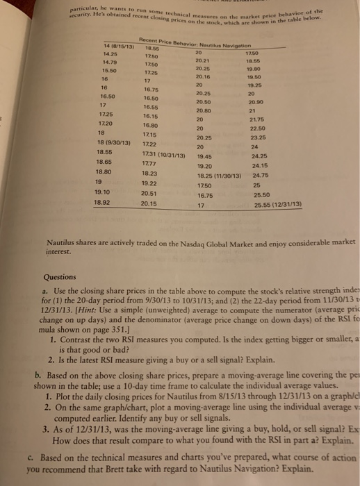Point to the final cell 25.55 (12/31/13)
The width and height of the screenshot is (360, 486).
coord(278,206)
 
